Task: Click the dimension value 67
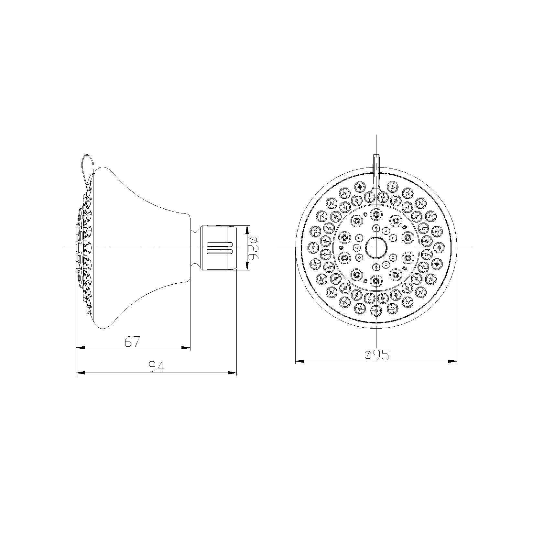pos(132,342)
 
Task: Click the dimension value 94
pos(156,367)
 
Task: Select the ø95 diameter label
pos(376,355)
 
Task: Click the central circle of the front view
pos(376,248)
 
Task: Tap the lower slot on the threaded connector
pos(220,252)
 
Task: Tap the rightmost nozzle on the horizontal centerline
pos(439,248)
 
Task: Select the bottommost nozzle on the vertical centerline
pos(376,311)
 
